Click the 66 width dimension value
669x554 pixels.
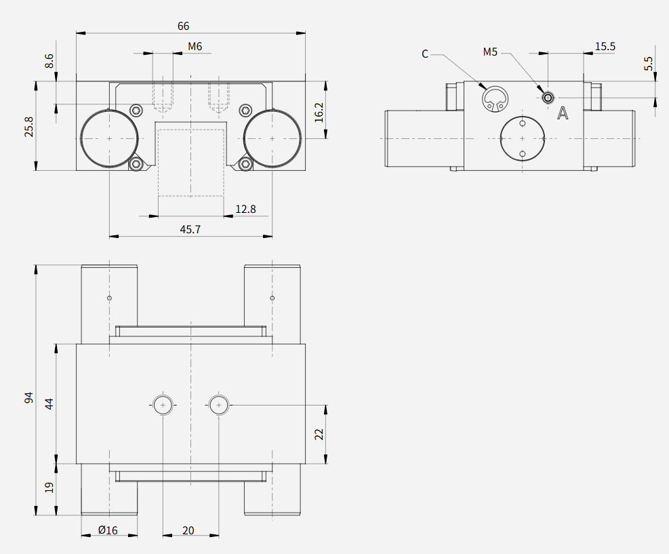pyautogui.click(x=183, y=26)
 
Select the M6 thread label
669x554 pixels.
pyautogui.click(x=195, y=46)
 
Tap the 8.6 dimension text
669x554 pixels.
pyautogui.click(x=49, y=60)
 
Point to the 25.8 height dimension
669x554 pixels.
pyautogui.click(x=29, y=126)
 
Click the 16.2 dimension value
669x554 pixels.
pyautogui.click(x=319, y=113)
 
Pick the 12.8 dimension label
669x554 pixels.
pyautogui.click(x=246, y=209)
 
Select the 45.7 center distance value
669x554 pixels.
pyautogui.click(x=190, y=230)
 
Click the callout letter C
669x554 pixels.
pyautogui.click(x=425, y=54)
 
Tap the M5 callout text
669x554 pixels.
pyautogui.click(x=490, y=52)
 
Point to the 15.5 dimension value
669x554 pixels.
pyautogui.click(x=605, y=47)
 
